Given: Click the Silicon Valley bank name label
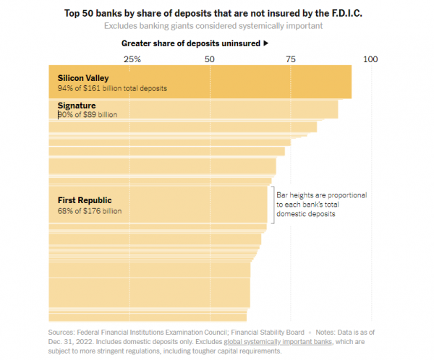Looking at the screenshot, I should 83,77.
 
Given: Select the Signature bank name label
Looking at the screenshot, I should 77,106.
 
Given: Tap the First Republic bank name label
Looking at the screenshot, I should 85,200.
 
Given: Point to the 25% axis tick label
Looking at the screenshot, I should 132,59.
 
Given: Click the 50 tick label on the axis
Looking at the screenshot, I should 210,59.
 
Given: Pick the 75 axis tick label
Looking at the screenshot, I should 291,59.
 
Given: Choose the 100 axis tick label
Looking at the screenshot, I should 371,59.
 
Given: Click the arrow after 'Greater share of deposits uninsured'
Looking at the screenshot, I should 266,43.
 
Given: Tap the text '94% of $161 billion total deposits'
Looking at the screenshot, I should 112,88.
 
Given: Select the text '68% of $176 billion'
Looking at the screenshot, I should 90,211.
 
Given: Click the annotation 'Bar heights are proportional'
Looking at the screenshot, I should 322,196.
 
